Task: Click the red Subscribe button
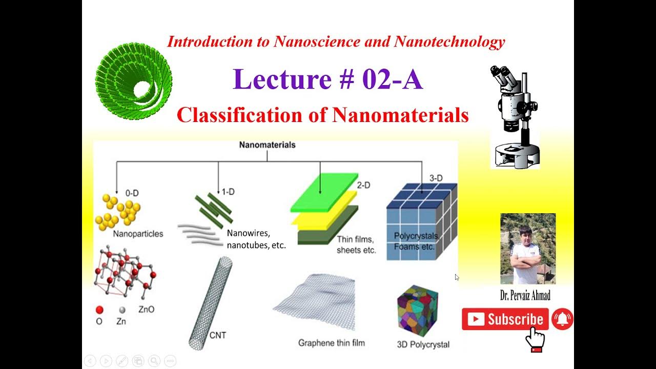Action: pos(505,319)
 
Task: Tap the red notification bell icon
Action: pos(563,319)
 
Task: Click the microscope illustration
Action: pos(515,118)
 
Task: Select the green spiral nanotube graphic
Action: pos(134,83)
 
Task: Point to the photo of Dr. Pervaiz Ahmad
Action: pos(528,249)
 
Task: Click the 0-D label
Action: pos(132,193)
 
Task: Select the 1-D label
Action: pos(228,192)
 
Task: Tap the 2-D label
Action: pos(363,186)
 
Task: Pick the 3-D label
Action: pos(436,178)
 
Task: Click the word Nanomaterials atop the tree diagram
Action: pos(267,145)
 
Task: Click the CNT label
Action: pos(218,336)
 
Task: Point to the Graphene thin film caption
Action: pos(332,342)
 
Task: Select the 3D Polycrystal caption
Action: pos(423,344)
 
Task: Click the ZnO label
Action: pos(146,310)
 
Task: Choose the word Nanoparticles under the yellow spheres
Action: pos(138,234)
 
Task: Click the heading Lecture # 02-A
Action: pos(328,80)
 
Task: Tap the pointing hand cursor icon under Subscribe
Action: pos(536,338)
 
